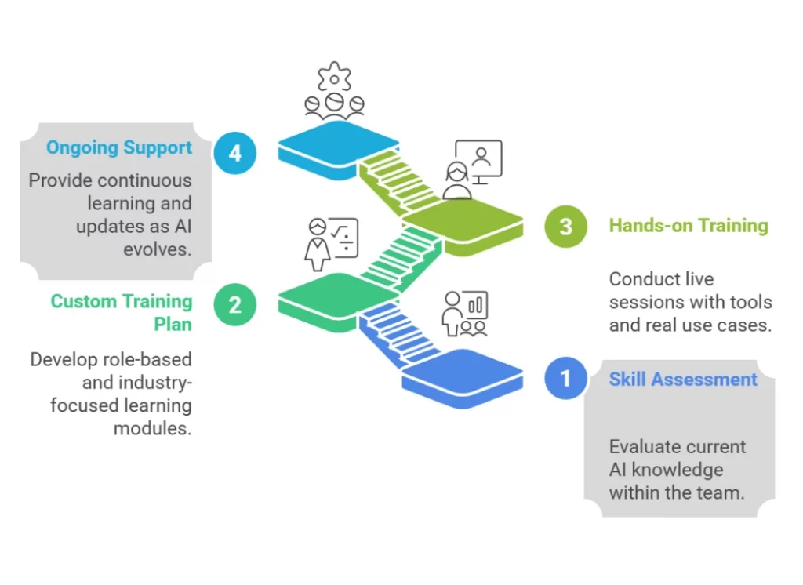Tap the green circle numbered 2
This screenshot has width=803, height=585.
coord(235,303)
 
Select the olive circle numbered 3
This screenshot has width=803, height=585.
coord(565,227)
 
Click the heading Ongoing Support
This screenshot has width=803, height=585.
coord(118,147)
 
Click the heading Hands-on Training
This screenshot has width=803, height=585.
coord(688,226)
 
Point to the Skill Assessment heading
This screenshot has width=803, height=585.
coord(683,380)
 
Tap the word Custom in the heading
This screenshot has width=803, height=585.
coord(82,301)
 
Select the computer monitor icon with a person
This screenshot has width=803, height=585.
coord(478,161)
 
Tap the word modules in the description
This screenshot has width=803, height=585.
coord(152,428)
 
